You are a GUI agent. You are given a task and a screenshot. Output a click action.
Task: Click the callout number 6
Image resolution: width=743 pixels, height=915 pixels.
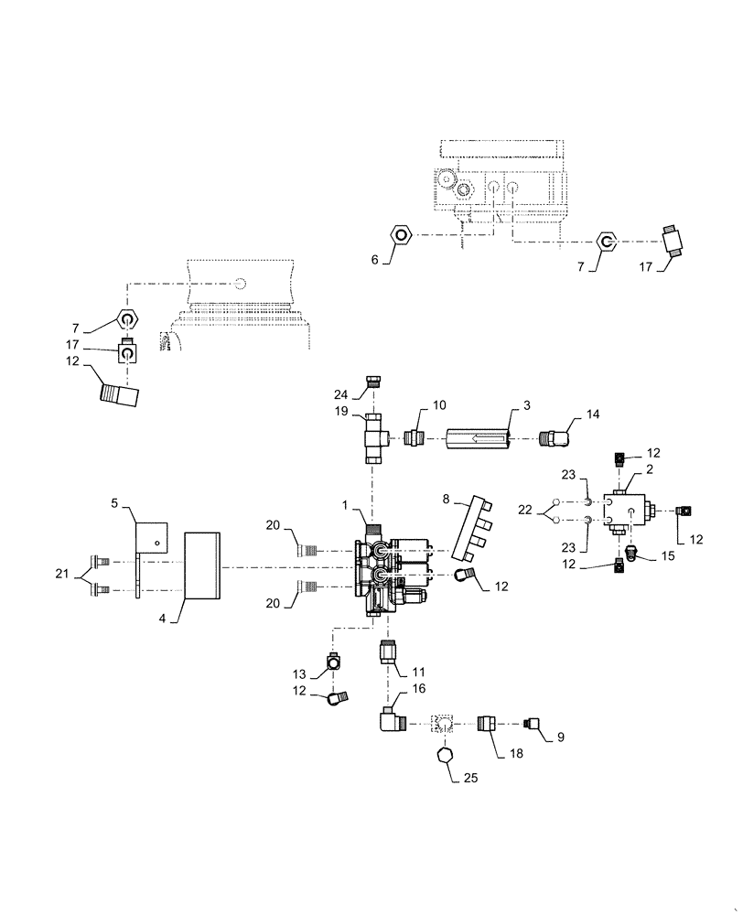[x=375, y=259]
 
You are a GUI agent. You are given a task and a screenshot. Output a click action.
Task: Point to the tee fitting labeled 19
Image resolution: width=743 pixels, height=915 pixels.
[x=373, y=436]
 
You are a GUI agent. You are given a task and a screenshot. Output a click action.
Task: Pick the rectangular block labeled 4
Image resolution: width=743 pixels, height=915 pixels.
[x=203, y=566]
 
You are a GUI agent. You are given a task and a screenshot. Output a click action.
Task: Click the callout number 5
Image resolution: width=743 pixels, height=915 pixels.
[x=115, y=502]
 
